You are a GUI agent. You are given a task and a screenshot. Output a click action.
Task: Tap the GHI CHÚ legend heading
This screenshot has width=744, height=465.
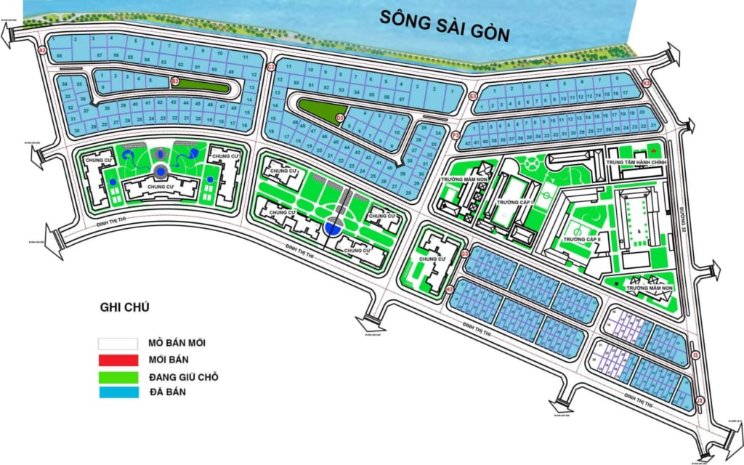pos(124,307)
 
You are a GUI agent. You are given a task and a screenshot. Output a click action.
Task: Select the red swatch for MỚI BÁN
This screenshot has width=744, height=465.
pos(118,360)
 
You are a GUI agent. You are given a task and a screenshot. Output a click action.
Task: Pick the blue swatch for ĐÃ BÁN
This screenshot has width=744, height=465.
pos(118,393)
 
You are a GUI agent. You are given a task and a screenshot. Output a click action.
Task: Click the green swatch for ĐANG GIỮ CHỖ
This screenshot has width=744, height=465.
pos(118,376)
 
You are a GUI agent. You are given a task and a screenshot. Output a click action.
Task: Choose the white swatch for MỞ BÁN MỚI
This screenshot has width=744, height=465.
pos(118,342)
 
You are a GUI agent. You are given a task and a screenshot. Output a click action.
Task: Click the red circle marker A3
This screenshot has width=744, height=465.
pos(43,51)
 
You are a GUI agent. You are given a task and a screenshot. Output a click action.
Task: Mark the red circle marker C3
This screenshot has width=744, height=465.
pos(270,68)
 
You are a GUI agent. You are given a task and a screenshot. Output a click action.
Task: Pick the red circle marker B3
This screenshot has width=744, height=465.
pos(175,81)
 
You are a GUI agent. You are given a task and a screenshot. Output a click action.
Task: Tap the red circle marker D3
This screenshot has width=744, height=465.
pos(339,118)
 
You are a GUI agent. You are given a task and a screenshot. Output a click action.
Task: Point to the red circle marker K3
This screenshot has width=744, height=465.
pos(646,84)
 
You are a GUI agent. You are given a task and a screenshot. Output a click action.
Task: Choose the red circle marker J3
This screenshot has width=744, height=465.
pos(700,400)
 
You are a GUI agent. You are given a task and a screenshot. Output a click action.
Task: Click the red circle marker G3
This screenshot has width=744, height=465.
pos(464,254)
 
